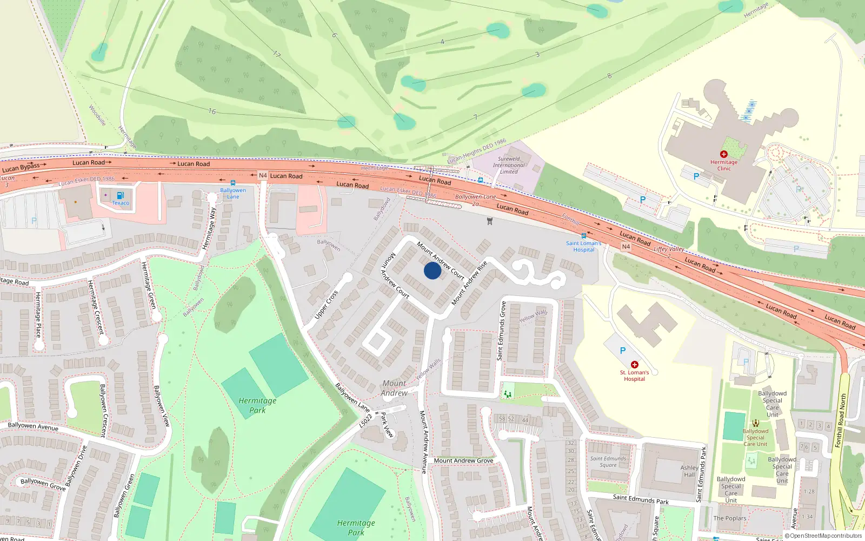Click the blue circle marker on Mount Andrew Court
pyautogui.click(x=432, y=270)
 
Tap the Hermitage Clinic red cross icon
pyautogui.click(x=724, y=154)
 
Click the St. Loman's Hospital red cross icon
pyautogui.click(x=635, y=365)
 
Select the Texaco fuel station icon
pyautogui.click(x=120, y=195)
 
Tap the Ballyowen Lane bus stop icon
pyautogui.click(x=233, y=183)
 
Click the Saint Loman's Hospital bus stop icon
pyautogui.click(x=584, y=236)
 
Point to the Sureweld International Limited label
pyautogui.click(x=508, y=165)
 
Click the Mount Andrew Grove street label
pyautogui.click(x=463, y=461)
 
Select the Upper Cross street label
pyautogui.click(x=326, y=305)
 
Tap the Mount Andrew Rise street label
pyautogui.click(x=469, y=282)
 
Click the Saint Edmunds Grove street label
pyautogui.click(x=502, y=331)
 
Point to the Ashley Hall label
pyautogui.click(x=689, y=471)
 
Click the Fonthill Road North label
pyautogui.click(x=840, y=420)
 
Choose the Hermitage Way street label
pyautogui.click(x=209, y=228)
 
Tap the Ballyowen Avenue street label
pyautogui.click(x=33, y=426)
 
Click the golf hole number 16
pyautogui.click(x=212, y=111)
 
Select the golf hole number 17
pyautogui.click(x=277, y=54)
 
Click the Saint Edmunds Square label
pyautogui.click(x=608, y=461)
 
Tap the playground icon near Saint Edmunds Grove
pyautogui.click(x=507, y=393)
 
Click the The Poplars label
pyautogui.click(x=729, y=518)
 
